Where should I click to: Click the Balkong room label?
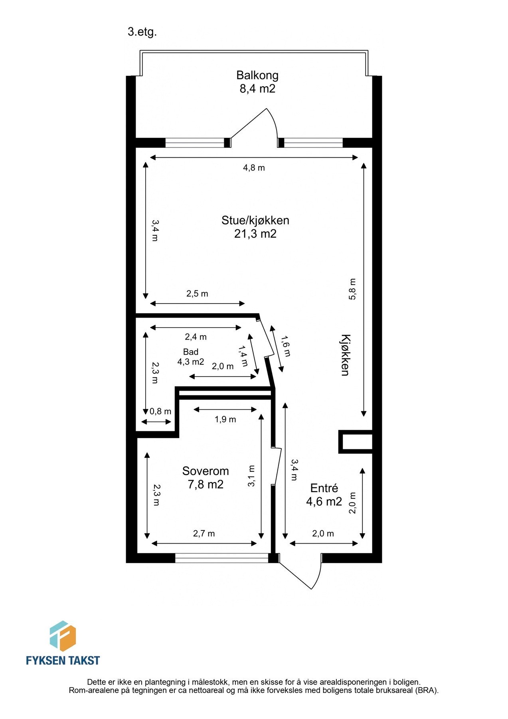[257, 75]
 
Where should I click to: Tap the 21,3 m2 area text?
[255, 234]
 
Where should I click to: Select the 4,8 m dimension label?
[254, 168]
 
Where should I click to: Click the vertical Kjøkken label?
[345, 355]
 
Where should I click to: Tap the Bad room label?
[191, 352]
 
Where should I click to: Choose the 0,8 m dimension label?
[160, 411]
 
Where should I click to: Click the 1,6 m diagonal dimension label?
[286, 346]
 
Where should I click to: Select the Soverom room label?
[206, 471]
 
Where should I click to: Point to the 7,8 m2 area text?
[206, 485]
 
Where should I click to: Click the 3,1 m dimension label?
[251, 476]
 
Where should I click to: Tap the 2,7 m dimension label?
[204, 534]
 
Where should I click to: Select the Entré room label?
[324, 488]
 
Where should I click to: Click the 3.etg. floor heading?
[142, 32]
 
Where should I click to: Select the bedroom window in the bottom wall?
[222, 558]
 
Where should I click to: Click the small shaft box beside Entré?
[356, 442]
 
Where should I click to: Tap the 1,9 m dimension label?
[225, 419]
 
